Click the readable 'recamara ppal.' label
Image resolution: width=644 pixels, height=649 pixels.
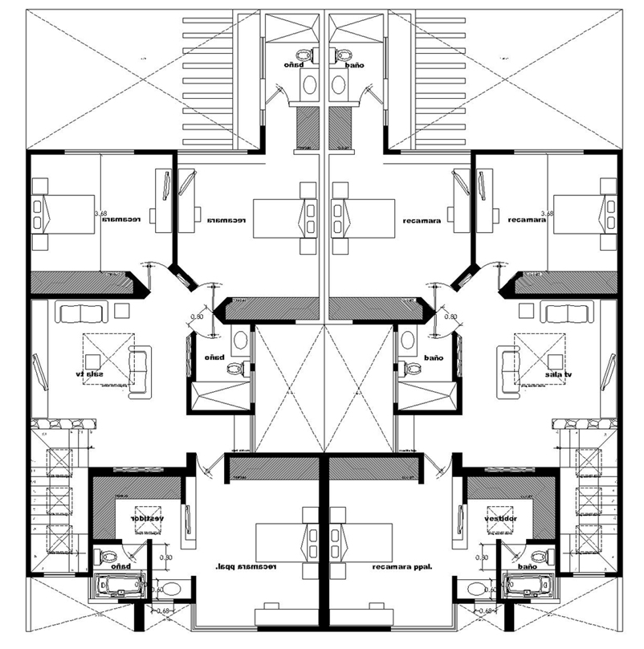click(x=402, y=567)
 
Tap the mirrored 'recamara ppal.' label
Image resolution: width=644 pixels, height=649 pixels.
click(x=245, y=567)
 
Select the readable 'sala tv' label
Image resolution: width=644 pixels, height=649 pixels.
click(x=556, y=374)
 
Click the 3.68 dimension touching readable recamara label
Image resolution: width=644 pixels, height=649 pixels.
click(x=548, y=214)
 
